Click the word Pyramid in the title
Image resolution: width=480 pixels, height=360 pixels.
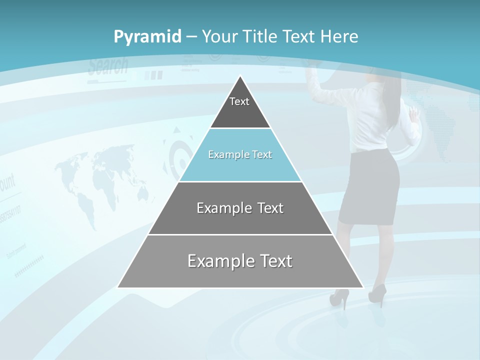click(x=147, y=37)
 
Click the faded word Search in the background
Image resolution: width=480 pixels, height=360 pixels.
click(x=108, y=66)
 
